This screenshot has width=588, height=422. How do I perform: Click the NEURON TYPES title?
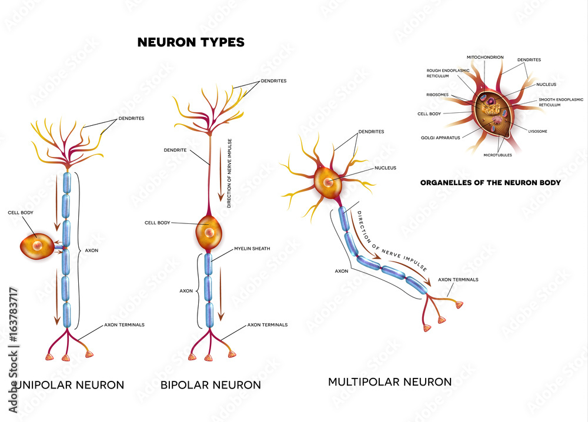(191, 42)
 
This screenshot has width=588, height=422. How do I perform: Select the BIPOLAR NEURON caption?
(211, 385)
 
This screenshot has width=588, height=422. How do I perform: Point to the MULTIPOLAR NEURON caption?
(390, 382)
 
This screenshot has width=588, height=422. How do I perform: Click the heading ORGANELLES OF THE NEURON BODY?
(490, 183)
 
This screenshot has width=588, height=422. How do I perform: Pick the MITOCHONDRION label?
(485, 57)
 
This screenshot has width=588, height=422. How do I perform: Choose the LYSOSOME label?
(537, 131)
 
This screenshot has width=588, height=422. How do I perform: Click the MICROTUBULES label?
(497, 155)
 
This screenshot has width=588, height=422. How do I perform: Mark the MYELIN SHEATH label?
(252, 249)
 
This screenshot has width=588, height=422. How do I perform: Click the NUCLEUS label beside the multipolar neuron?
(385, 168)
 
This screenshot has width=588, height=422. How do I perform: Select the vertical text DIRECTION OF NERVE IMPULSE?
(229, 173)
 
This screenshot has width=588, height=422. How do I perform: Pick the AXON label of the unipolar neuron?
(91, 250)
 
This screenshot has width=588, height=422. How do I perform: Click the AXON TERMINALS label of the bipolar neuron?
(268, 324)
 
